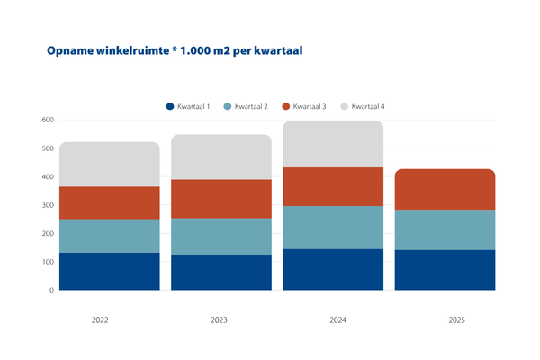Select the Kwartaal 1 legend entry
(x=188, y=107)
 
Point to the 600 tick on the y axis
(x=48, y=120)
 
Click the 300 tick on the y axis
(x=48, y=205)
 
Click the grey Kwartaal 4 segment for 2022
(x=109, y=164)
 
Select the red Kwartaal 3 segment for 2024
(x=333, y=186)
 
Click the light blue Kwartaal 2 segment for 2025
(x=445, y=229)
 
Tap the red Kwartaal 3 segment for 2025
(x=445, y=189)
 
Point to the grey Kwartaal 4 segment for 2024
(x=333, y=144)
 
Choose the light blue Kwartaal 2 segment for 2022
(x=109, y=236)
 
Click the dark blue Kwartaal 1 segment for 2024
(x=333, y=270)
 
